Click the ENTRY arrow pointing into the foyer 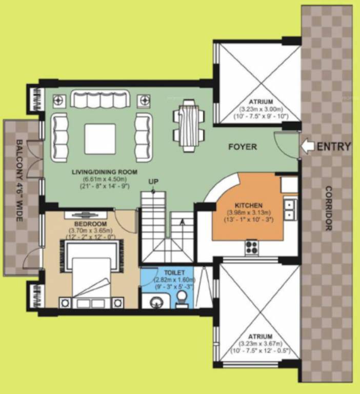[x=308, y=147]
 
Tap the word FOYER [x=243, y=147]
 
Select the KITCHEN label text [x=249, y=204]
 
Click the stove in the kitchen [x=251, y=247]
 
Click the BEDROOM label [x=90, y=224]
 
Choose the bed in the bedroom [x=92, y=275]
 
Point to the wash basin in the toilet [x=156, y=302]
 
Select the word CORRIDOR [x=328, y=208]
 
